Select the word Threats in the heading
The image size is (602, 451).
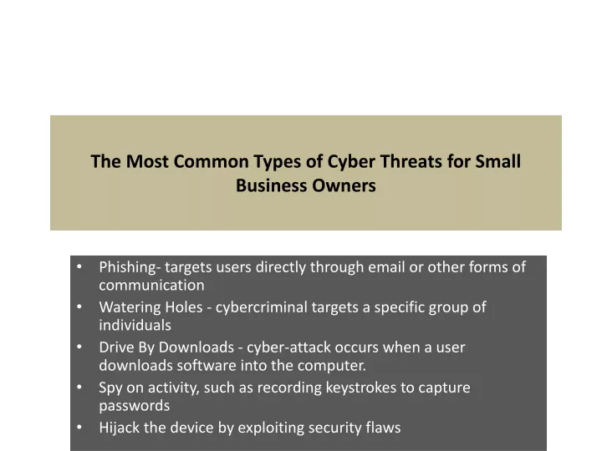pos(411,161)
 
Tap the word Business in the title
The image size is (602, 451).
pos(271,185)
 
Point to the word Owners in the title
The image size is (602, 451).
pos(344,185)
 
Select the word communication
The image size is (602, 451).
pos(151,285)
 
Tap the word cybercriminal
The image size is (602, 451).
pos(262,307)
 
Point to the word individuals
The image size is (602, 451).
pos(135,325)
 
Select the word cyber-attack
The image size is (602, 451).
pos(288,347)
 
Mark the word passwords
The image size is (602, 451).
pos(135,406)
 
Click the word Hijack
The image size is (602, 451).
pos(119,428)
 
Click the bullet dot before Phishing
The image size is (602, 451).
pos(79,266)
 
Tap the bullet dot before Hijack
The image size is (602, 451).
pos(79,427)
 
